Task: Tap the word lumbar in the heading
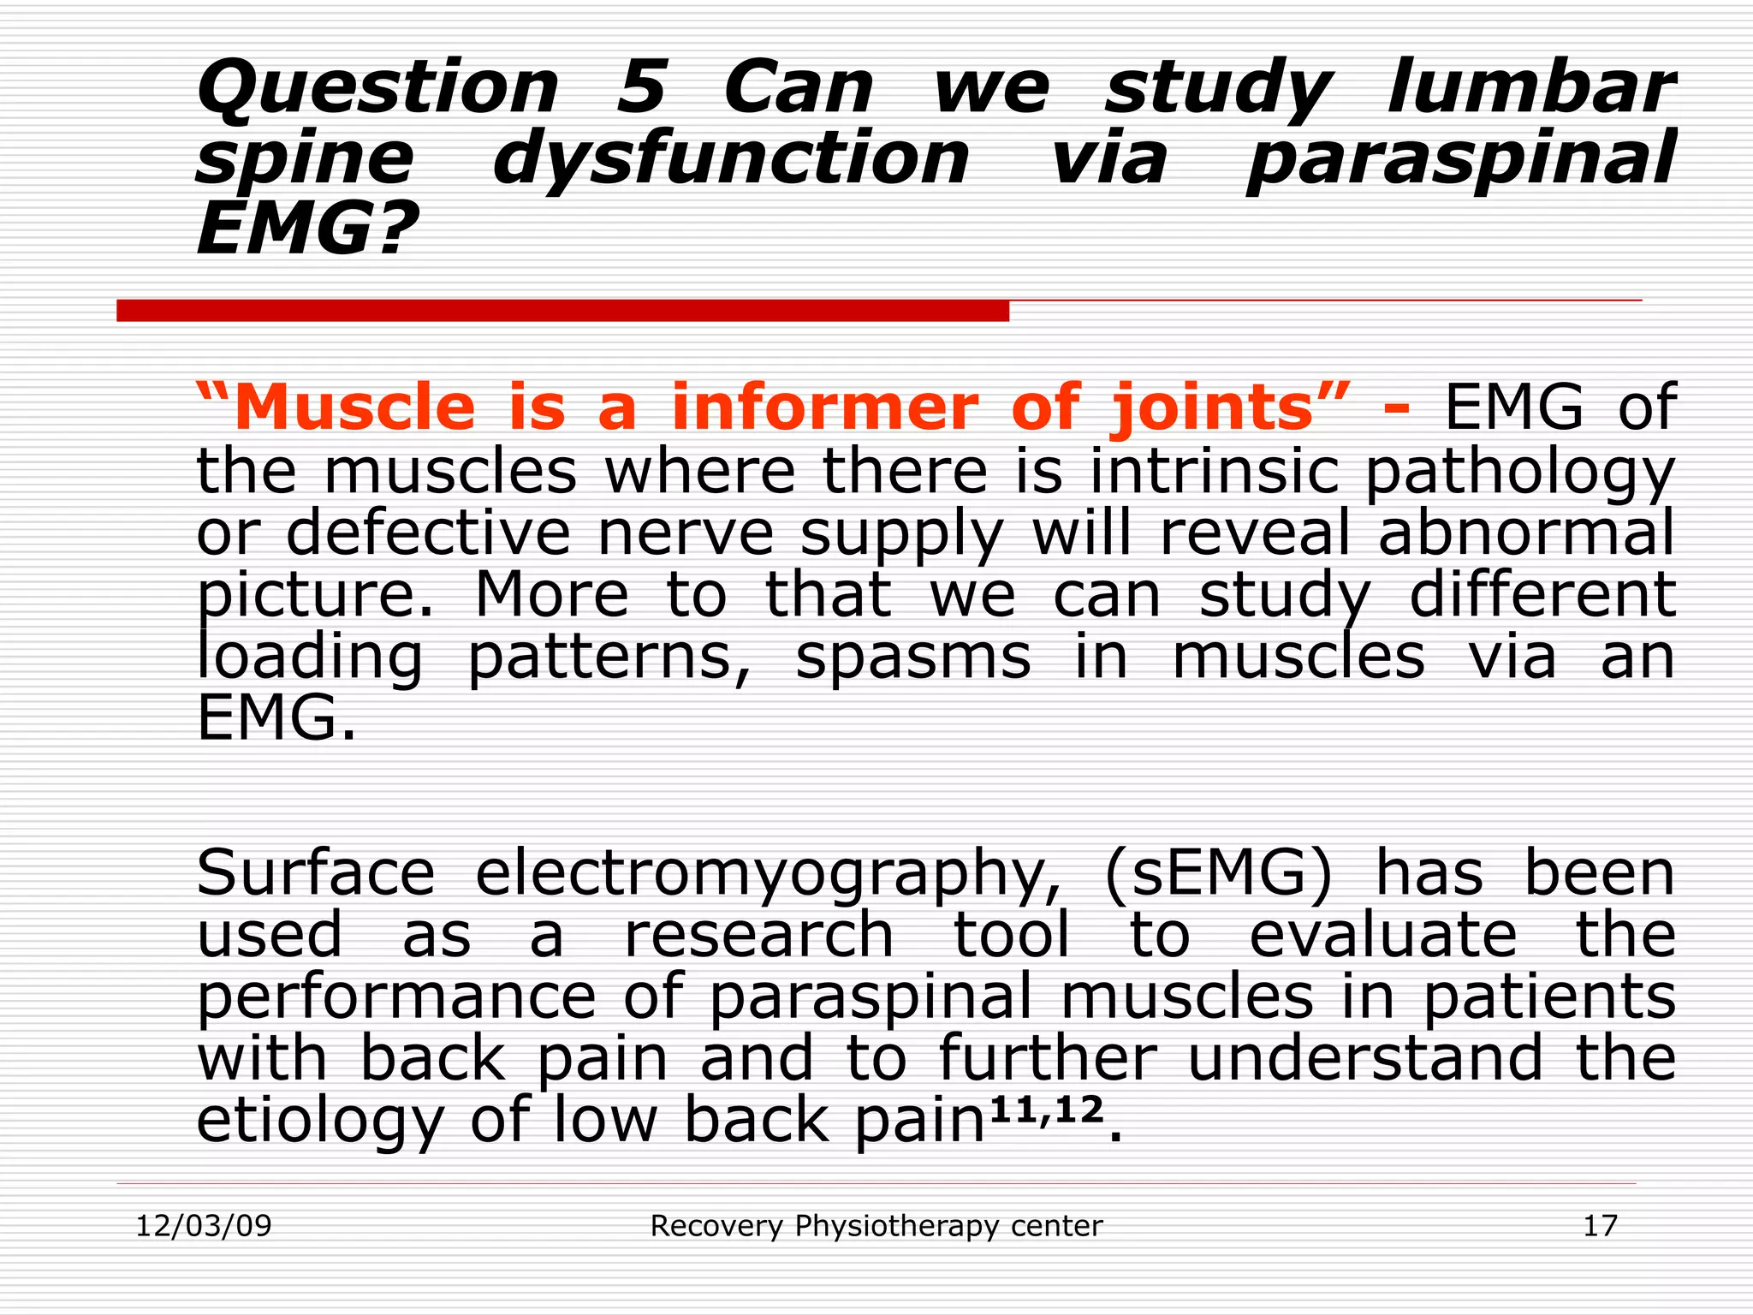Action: coord(1530,88)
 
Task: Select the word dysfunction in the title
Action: coord(731,160)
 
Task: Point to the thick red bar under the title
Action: coord(562,311)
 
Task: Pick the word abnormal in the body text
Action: coord(1526,533)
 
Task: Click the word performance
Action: coord(396,998)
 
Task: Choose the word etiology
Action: coord(320,1122)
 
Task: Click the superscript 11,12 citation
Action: coord(1045,1110)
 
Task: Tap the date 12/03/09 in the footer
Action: coord(204,1226)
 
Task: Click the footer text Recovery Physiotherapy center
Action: coord(876,1226)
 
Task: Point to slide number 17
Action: coord(1600,1226)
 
